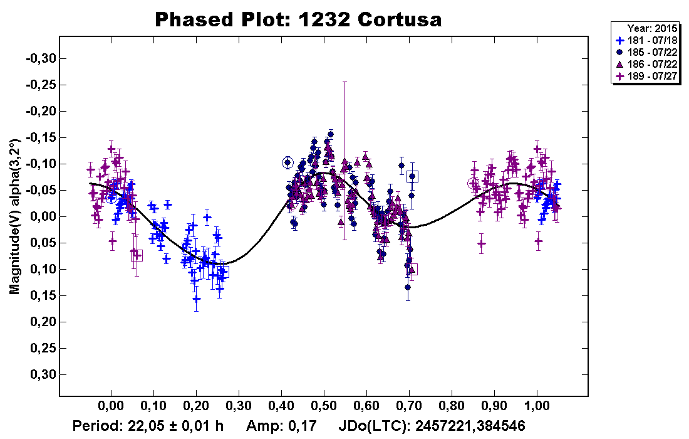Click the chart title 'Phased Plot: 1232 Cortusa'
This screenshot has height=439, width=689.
click(x=298, y=19)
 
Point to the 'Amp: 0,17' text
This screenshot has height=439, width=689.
click(x=276, y=426)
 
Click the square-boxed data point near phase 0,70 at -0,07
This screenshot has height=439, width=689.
click(x=412, y=177)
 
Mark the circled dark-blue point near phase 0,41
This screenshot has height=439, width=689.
click(x=288, y=162)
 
